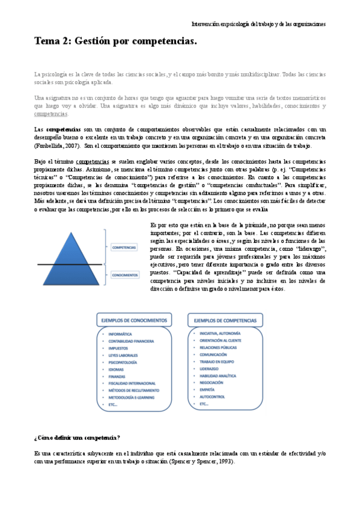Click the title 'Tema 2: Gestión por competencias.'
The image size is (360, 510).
pyautogui.click(x=115, y=42)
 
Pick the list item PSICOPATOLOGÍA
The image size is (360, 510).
pyautogui.click(x=123, y=363)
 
